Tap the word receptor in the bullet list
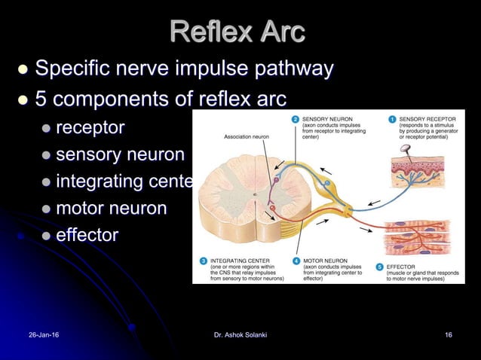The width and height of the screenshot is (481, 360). (x=90, y=127)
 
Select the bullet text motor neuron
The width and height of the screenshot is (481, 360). (x=111, y=208)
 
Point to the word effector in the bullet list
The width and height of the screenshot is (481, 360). (x=87, y=235)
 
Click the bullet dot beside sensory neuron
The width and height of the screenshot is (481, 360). (x=47, y=155)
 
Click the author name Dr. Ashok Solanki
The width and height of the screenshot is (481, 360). (x=240, y=334)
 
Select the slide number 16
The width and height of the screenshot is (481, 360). (x=448, y=334)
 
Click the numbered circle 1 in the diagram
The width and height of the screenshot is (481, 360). (x=392, y=119)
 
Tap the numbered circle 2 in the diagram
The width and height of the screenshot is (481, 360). (x=295, y=119)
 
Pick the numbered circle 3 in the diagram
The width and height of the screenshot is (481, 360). (x=203, y=261)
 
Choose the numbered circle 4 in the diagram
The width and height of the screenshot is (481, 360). (x=295, y=261)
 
